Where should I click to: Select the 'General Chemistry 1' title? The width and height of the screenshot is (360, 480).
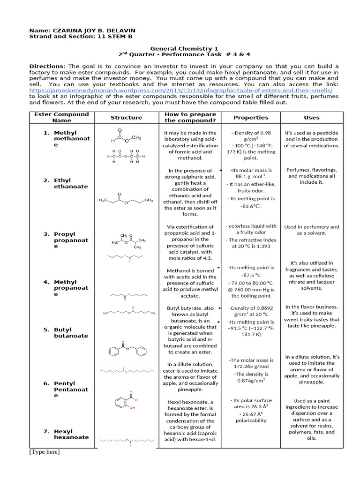[x=184, y=48]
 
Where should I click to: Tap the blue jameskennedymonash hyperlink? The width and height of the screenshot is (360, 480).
[x=181, y=90]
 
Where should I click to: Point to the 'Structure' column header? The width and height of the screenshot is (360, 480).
[x=126, y=118]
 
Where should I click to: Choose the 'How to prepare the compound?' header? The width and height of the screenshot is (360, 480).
[x=190, y=117]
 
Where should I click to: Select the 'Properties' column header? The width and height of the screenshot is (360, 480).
[x=251, y=118]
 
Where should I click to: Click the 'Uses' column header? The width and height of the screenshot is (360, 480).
[x=311, y=118]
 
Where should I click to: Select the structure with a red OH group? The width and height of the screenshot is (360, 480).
[x=126, y=401]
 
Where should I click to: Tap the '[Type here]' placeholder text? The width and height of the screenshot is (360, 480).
[x=45, y=452]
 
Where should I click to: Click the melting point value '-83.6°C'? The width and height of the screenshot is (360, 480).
[x=251, y=206]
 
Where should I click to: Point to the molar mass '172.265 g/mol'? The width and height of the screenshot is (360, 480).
[x=251, y=366]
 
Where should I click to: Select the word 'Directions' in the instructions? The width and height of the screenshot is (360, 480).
[x=46, y=66]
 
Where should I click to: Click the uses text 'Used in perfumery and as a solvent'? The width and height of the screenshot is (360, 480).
[x=311, y=230]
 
